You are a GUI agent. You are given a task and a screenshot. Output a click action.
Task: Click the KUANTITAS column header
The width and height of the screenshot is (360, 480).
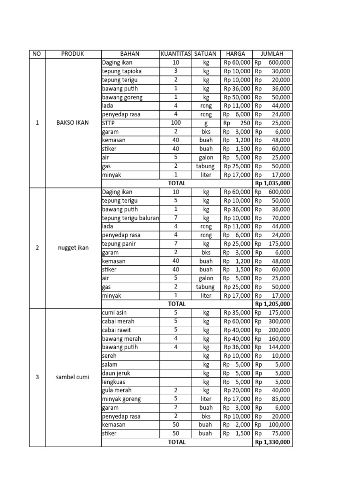tap(176, 54)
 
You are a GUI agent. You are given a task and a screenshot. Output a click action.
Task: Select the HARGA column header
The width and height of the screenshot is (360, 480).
tap(237, 54)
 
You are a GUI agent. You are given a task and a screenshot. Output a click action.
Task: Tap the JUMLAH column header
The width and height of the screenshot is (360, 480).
tap(272, 54)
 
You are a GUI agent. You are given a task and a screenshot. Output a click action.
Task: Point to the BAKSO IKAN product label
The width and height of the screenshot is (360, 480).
tap(73, 123)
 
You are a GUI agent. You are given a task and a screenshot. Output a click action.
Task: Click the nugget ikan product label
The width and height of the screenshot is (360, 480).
tap(73, 248)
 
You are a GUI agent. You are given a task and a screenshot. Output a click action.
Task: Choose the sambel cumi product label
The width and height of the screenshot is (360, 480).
tap(73, 377)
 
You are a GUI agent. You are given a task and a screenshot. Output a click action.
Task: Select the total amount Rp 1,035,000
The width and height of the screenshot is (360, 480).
tap(272, 183)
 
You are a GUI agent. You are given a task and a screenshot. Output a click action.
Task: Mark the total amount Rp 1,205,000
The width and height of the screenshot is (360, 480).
tap(272, 304)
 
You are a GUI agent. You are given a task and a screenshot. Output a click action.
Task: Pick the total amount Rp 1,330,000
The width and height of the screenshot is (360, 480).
tap(272, 442)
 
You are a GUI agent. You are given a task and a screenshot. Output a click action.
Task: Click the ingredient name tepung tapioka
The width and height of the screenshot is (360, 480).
tap(122, 71)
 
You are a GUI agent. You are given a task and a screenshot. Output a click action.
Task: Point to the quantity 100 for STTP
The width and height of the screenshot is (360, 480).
tap(176, 123)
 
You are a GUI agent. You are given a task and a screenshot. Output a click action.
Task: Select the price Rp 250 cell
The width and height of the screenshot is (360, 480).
tap(237, 123)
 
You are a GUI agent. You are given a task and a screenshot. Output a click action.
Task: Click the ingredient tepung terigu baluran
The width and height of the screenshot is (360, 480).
tap(130, 218)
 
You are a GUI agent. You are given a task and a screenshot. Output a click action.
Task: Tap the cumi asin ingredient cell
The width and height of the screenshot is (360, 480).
tap(114, 313)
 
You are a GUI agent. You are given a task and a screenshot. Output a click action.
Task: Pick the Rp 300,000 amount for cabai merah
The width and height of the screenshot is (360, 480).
tap(272, 322)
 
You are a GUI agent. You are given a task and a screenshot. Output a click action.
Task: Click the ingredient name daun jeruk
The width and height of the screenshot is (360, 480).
tap(115, 373)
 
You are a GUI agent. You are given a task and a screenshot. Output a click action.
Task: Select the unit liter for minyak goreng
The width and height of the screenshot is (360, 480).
tap(205, 399)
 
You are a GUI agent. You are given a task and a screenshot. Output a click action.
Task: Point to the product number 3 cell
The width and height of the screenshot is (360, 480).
tap(37, 377)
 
